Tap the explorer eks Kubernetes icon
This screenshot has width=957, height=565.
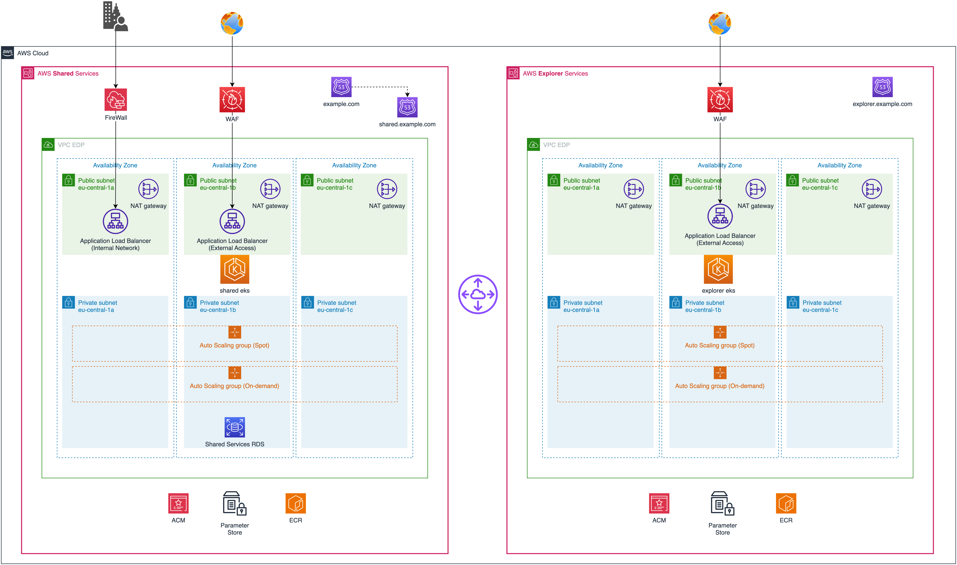click(x=718, y=269)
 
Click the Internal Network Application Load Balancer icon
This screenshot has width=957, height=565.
click(x=115, y=221)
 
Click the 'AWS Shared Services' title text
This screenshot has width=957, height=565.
click(x=68, y=74)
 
